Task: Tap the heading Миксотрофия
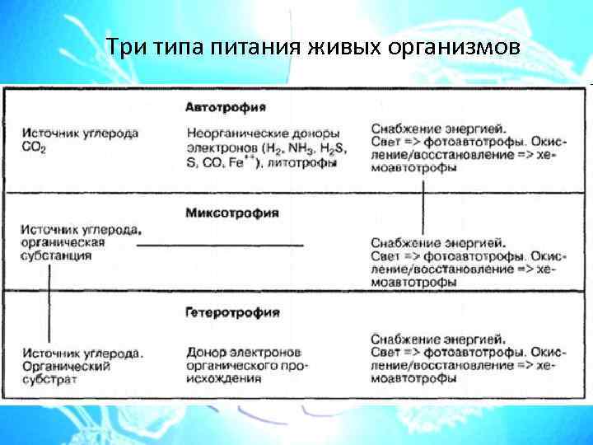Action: click(232, 213)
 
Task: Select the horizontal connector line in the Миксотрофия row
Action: click(220, 245)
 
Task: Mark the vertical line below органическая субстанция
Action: click(50, 297)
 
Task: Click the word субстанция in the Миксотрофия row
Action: click(56, 257)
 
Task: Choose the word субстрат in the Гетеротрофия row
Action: click(50, 380)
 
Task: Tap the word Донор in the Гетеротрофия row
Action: click(205, 352)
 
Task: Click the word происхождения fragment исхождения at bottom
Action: click(224, 379)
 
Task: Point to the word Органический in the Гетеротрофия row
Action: click(66, 366)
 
